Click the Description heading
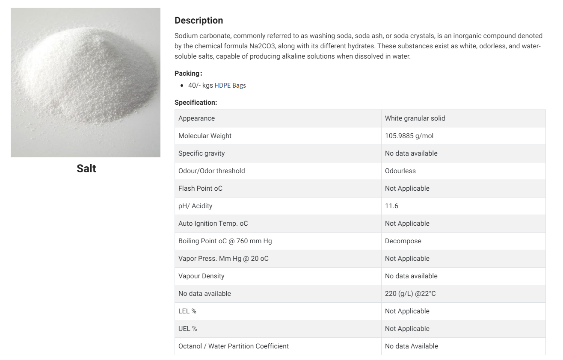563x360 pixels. point(199,21)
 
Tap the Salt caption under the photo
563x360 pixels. point(86,168)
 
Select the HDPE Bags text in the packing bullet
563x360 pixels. point(230,86)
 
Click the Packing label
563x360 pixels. point(188,74)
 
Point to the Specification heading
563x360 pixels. point(196,103)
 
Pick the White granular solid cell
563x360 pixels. point(415,118)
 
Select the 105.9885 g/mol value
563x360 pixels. point(409,136)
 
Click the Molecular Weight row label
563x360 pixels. point(205,136)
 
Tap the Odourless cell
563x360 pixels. point(400,171)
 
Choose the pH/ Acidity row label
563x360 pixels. point(195,206)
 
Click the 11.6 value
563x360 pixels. point(391,206)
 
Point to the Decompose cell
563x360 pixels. point(403,241)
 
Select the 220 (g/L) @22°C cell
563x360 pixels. point(410,294)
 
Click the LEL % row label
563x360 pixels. point(187,311)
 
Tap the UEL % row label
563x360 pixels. point(188,329)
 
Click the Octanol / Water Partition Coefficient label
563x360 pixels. point(234,346)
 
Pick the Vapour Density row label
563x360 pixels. point(201,276)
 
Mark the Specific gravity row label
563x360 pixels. point(201,153)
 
